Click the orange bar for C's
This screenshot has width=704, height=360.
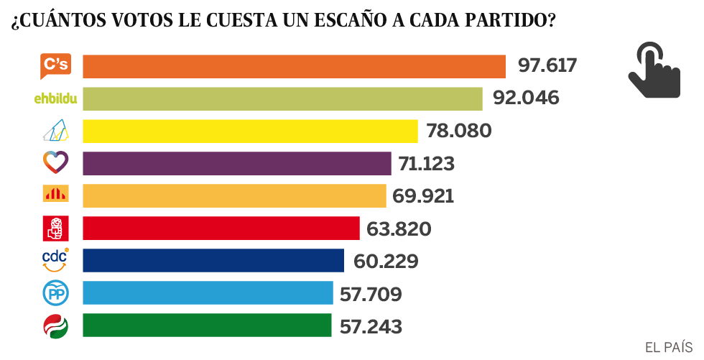(295, 66)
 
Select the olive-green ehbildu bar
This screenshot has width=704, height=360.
(282, 98)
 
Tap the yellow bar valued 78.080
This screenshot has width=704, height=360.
(250, 131)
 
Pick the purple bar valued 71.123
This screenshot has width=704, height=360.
(237, 163)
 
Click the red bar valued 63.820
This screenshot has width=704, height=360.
(221, 228)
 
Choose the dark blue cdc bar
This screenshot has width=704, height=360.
(213, 260)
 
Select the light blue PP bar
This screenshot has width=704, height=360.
(208, 292)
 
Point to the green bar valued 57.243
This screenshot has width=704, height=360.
(208, 325)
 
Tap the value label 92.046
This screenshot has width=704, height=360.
(526, 98)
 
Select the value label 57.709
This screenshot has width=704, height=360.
(371, 294)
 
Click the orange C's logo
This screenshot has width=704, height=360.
(55, 66)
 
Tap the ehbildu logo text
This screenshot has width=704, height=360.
(55, 98)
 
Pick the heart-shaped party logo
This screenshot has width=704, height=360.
(55, 163)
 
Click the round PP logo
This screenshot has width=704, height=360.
(55, 292)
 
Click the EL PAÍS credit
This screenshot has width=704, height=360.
(669, 347)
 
